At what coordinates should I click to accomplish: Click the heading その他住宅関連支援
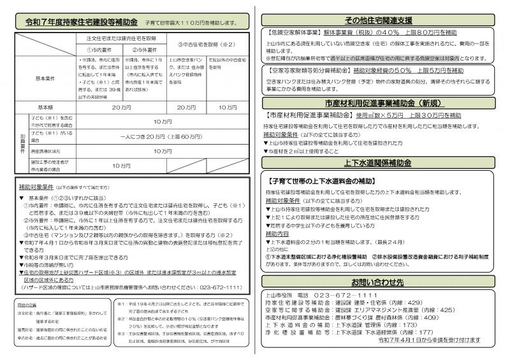(382, 20)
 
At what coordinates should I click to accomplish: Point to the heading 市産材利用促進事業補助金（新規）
(382, 103)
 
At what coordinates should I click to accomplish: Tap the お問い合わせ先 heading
(382, 281)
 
